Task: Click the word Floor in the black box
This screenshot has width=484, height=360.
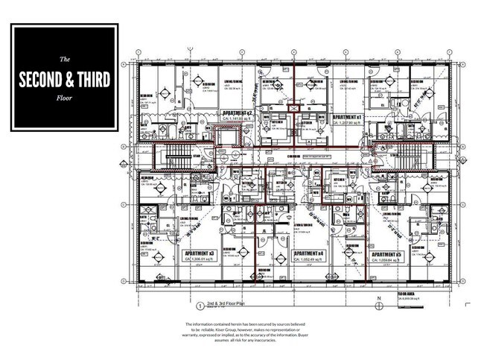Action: click(x=64, y=95)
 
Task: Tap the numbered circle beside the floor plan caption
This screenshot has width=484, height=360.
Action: click(x=200, y=306)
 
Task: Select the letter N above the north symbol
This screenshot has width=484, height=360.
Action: click(x=378, y=299)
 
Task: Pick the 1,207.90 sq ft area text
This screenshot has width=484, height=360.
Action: click(x=349, y=123)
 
